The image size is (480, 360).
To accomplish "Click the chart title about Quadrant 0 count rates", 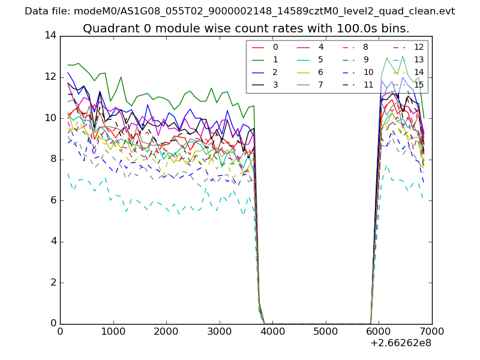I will pyautogui.click(x=246, y=28).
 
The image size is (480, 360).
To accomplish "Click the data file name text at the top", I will pyautogui.click(x=240, y=11).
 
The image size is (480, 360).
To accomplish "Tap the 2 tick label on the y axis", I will pyautogui.click(x=53, y=283).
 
